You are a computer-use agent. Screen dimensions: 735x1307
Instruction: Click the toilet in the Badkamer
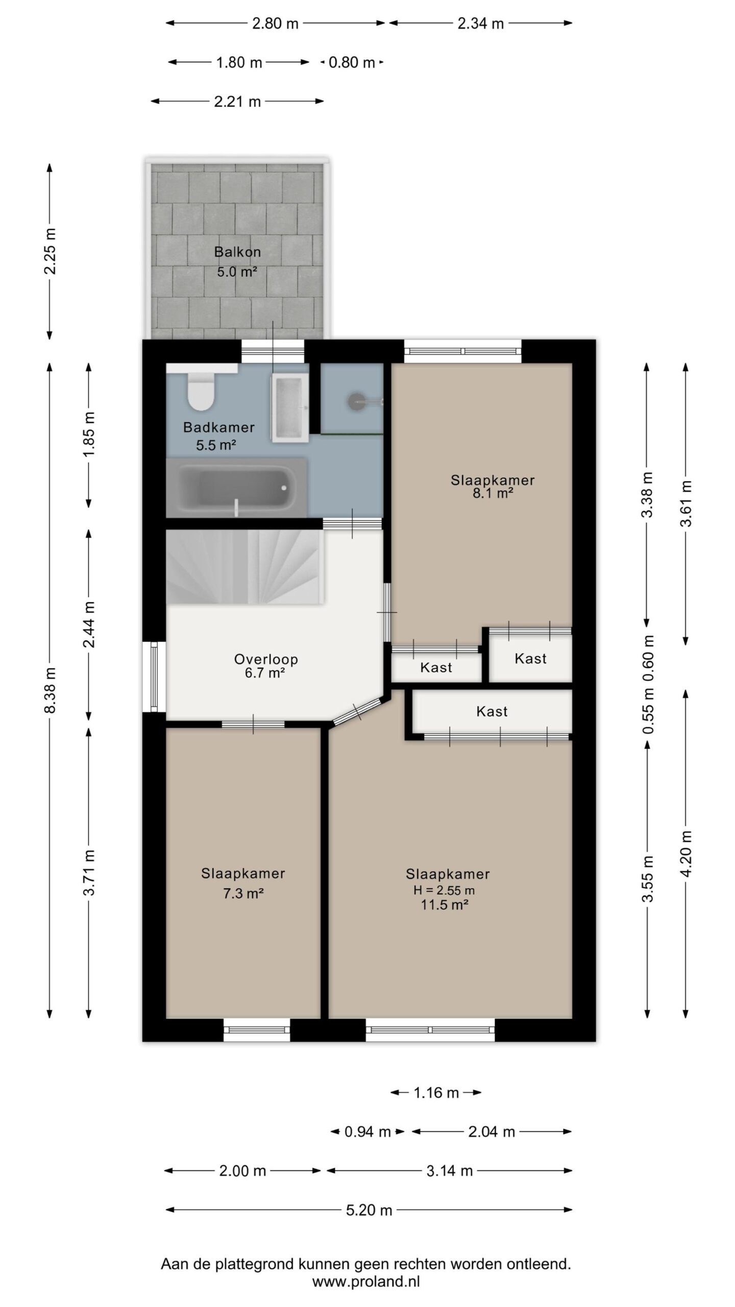200,391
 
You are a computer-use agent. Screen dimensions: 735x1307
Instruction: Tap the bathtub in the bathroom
236,488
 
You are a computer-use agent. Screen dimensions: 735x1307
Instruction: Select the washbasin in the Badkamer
289,407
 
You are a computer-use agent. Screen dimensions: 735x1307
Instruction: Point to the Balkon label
237,252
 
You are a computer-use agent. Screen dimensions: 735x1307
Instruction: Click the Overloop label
266,659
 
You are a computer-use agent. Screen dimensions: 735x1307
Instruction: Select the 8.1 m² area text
493,493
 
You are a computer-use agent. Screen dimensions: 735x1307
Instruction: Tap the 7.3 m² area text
243,893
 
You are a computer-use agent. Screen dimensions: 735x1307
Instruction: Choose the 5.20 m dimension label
369,1209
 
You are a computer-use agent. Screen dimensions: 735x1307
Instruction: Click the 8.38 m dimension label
50,690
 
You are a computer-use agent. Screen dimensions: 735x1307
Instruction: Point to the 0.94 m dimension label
367,1132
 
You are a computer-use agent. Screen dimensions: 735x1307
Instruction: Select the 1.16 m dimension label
436,1093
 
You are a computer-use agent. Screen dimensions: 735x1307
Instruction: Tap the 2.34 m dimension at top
481,23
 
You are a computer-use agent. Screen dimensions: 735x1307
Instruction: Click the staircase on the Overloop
246,567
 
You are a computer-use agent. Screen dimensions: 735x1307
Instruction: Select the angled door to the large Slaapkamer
357,711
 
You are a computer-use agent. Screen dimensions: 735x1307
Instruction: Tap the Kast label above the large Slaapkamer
492,711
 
